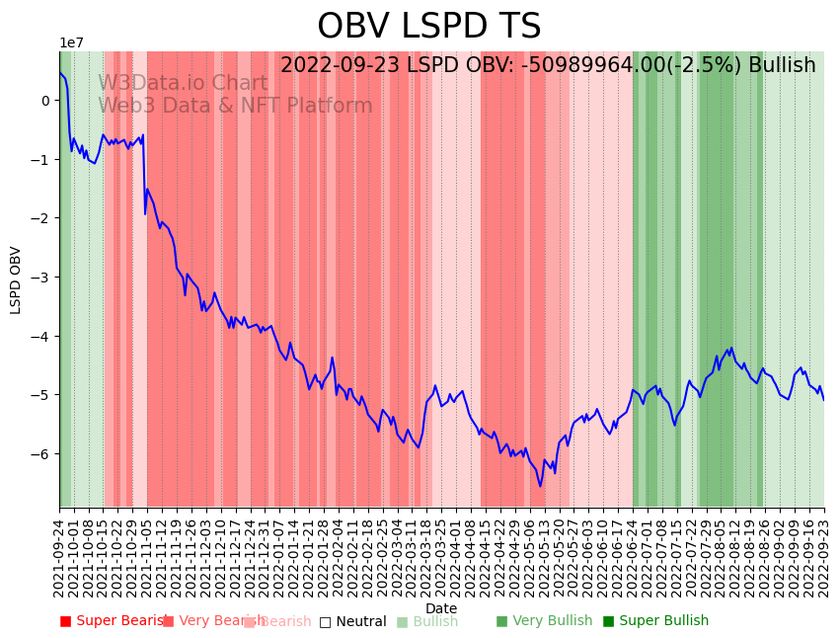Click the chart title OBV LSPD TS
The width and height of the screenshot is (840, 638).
pyautogui.click(x=428, y=27)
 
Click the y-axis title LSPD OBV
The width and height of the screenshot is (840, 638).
pyautogui.click(x=16, y=279)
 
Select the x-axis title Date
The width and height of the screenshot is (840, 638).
pyautogui.click(x=441, y=608)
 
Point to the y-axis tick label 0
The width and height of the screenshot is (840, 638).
pyautogui.click(x=44, y=101)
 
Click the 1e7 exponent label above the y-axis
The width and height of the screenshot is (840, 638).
pyautogui.click(x=72, y=43)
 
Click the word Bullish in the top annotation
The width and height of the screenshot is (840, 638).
pyautogui.click(x=782, y=66)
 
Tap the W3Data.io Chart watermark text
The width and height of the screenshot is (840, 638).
pyautogui.click(x=183, y=84)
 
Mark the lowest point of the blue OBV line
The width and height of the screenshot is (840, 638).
pyautogui.click(x=540, y=486)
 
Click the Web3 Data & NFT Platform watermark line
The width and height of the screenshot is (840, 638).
pyautogui.click(x=235, y=106)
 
